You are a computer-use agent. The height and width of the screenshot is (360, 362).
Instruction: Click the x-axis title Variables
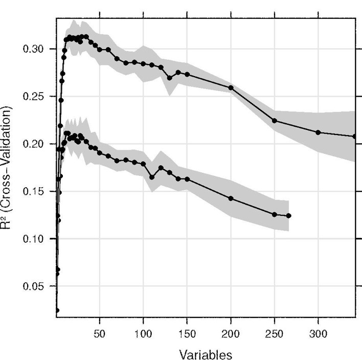tap(206, 354)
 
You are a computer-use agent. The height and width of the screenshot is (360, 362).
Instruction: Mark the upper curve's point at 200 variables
tap(231, 87)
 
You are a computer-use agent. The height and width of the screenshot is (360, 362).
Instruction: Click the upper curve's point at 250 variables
tap(275, 121)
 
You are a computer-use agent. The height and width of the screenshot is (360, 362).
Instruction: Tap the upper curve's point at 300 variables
tap(319, 132)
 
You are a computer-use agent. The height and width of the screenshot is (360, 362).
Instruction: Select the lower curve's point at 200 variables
tap(231, 198)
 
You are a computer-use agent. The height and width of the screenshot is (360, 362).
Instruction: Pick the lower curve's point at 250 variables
tap(275, 214)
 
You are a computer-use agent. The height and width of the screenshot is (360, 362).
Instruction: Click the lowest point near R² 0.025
tap(57, 310)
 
